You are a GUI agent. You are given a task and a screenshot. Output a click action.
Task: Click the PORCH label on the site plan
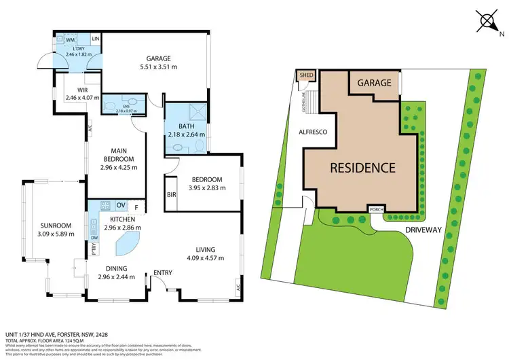pyautogui.click(x=375, y=209)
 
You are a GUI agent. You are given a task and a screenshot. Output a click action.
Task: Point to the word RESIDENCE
pyautogui.click(x=363, y=167)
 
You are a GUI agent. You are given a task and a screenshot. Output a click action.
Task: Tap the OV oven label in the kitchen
pyautogui.click(x=120, y=205)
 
